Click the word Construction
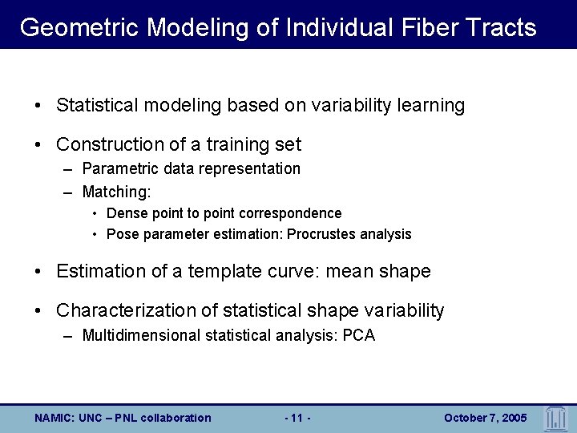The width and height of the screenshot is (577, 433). pos(110,144)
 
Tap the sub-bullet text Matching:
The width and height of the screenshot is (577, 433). pos(116,192)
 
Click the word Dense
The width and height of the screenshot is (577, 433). pos(124,213)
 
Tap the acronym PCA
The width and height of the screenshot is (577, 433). pos(358,335)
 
